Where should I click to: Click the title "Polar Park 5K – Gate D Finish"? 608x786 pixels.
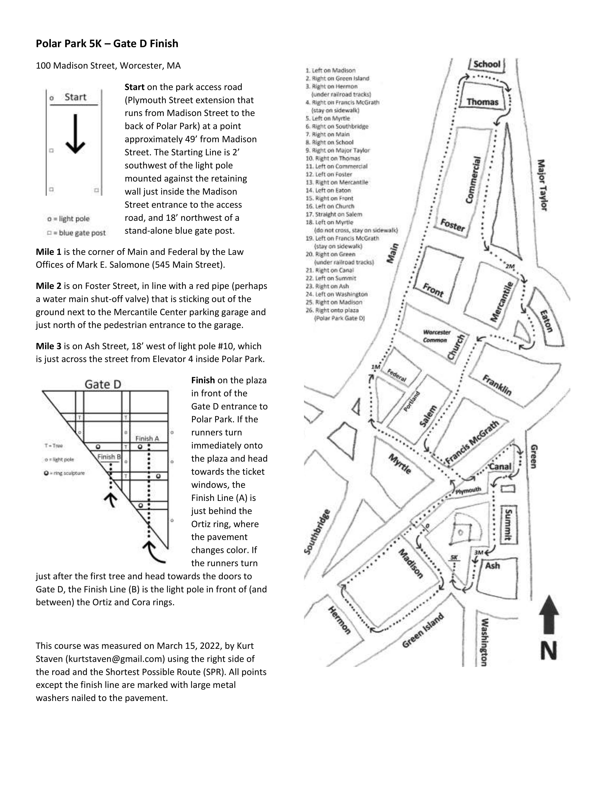tap(107, 44)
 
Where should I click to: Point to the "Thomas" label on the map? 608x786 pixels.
tap(482, 102)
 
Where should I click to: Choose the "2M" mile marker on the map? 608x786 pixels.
tap(510, 266)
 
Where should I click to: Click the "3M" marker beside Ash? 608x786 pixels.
tap(478, 552)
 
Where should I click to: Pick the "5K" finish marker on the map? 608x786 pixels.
tap(454, 558)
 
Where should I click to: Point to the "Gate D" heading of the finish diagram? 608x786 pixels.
tap(103, 384)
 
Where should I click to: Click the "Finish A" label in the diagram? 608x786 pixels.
tap(147, 438)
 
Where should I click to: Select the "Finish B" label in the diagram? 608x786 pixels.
tap(109, 457)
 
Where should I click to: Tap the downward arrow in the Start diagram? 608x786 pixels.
tap(75, 134)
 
